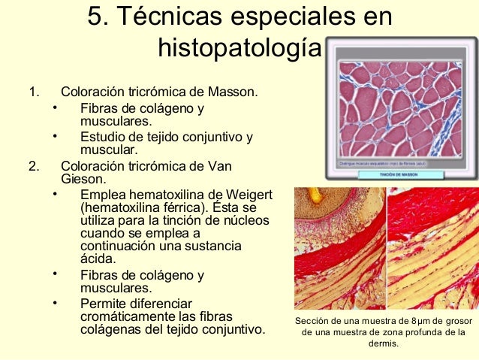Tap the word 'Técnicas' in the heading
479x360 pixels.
pyautogui.click(x=170, y=16)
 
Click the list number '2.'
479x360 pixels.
pyautogui.click(x=33, y=166)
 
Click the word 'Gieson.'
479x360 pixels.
pyautogui.click(x=83, y=180)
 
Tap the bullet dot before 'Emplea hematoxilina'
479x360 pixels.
pyautogui.click(x=55, y=194)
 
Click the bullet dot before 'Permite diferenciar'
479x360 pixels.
pyautogui.click(x=55, y=303)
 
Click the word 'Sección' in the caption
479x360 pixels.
pyautogui.click(x=315, y=321)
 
